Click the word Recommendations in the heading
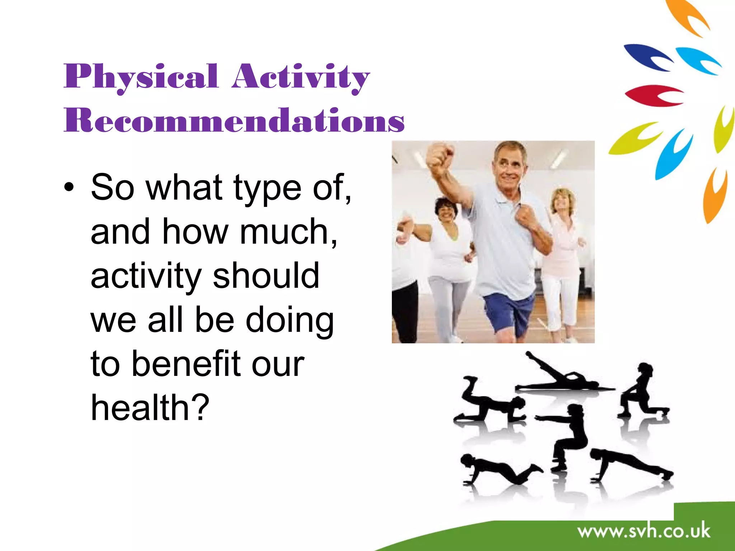[234, 120]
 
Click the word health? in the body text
[150, 408]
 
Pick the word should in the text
[266, 275]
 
